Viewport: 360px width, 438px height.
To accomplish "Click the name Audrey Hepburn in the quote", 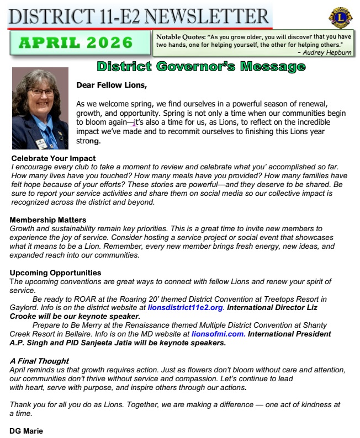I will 326,52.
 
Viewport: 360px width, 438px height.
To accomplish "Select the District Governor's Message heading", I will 201,67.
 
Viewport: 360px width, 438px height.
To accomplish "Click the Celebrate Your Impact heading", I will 54,159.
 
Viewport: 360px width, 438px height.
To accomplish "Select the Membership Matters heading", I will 48,220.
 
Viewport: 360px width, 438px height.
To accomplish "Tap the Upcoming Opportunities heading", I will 55,273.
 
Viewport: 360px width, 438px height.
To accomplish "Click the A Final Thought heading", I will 39,361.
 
